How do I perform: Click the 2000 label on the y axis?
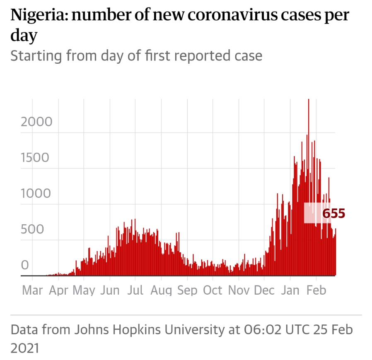(37, 122)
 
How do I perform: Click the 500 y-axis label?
(32, 229)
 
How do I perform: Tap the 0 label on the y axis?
(25, 264)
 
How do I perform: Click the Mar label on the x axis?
(32, 290)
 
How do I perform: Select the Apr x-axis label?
(58, 290)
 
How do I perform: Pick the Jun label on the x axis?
(110, 290)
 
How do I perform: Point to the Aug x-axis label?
(161, 290)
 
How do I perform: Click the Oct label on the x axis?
(213, 290)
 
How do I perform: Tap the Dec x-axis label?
(264, 290)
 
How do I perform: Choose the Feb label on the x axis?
(316, 290)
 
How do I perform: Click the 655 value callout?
(333, 214)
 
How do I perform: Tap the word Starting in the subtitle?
(35, 55)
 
